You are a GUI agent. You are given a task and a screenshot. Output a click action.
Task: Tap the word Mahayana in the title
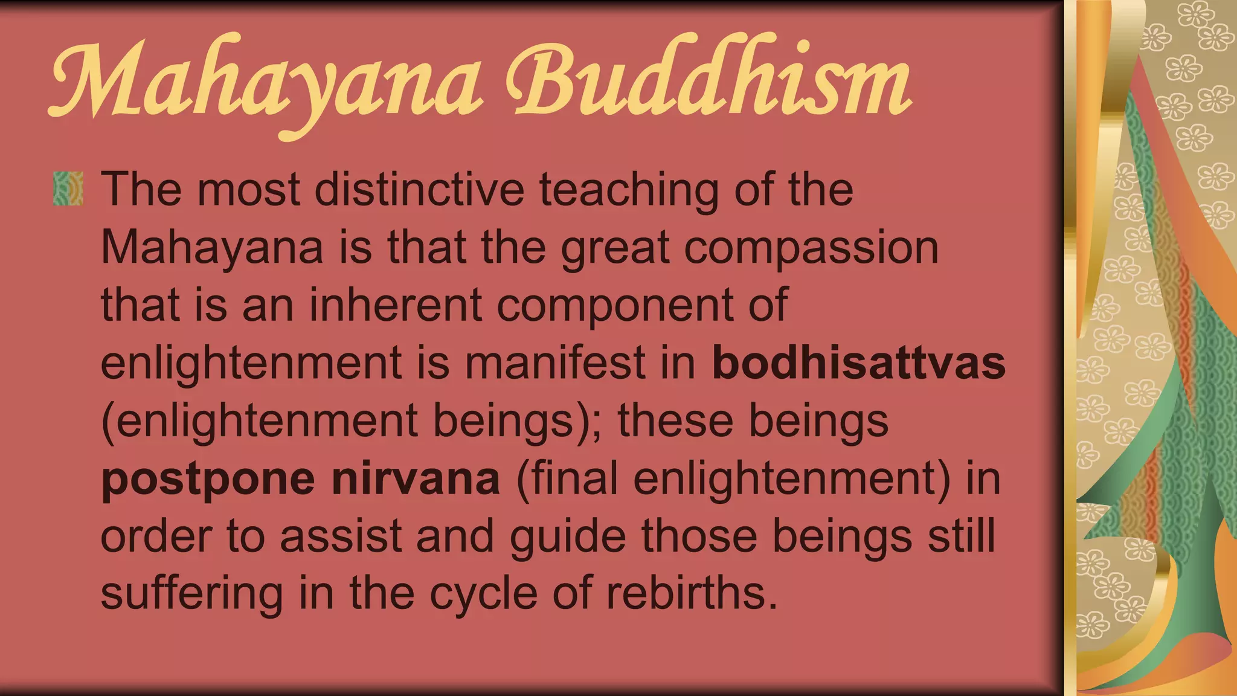(x=266, y=85)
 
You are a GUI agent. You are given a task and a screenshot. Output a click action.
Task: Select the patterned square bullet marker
(x=68, y=188)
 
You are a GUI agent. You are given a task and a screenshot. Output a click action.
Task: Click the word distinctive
(x=419, y=190)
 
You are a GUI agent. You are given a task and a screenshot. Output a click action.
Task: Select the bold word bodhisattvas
(x=859, y=362)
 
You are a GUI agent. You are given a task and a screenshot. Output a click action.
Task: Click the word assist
(x=341, y=536)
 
